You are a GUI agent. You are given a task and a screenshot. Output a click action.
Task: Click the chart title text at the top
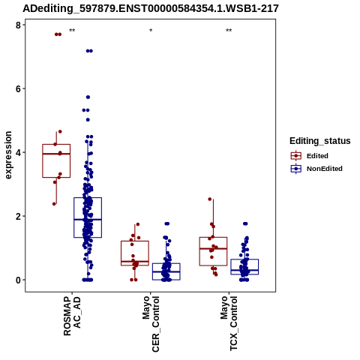coord(151,8)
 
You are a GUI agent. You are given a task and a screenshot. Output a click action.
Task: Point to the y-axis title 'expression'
coord(8,155)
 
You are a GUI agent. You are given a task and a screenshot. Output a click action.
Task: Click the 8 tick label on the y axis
coord(18,25)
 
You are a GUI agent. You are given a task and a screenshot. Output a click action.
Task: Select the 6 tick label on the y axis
coord(18,88)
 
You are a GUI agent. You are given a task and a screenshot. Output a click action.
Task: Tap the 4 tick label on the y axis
coord(18,152)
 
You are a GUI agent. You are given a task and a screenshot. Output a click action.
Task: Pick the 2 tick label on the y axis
coord(18,216)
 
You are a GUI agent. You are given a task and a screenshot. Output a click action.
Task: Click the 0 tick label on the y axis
coord(18,280)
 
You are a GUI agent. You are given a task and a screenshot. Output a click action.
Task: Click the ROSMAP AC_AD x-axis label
coord(72,316)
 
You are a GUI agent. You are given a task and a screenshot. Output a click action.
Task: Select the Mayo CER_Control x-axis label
coord(151,324)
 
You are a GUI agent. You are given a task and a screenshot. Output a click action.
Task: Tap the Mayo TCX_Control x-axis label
coord(229,323)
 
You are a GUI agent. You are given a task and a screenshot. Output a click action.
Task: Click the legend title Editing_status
coord(319,141)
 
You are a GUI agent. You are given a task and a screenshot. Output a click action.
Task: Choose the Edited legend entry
coord(310,156)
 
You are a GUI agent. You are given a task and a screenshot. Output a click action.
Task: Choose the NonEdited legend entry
coord(316,169)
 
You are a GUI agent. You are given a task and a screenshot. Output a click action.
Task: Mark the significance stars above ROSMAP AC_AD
coord(72,31)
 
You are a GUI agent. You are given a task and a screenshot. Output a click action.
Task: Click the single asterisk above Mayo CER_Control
coord(151,31)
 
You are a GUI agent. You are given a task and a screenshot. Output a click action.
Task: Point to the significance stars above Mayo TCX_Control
coord(229,31)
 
